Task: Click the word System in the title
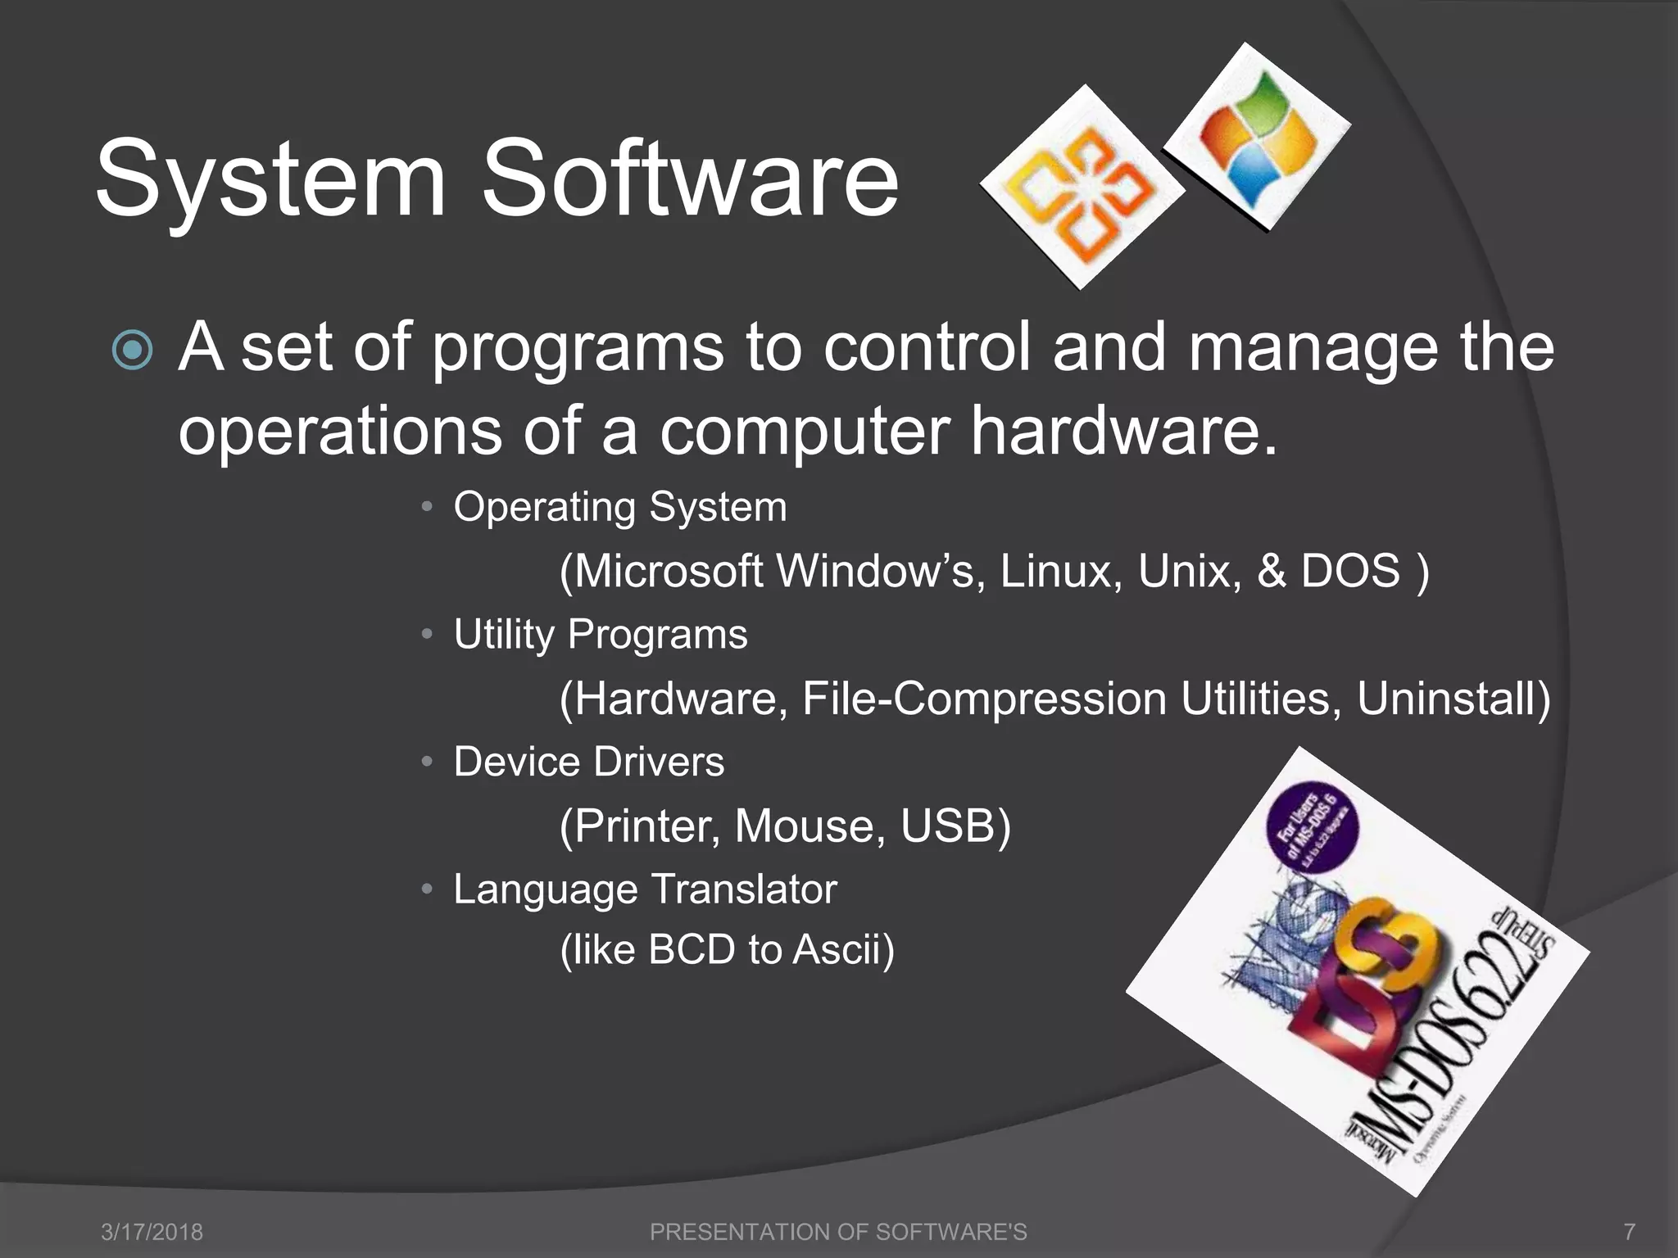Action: (270, 179)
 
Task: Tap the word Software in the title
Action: (690, 179)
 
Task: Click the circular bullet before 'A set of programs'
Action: (132, 351)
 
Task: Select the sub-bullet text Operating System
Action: (620, 507)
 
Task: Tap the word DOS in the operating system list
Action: (1351, 571)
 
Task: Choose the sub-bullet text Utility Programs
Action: (601, 635)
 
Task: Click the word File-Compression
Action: (983, 699)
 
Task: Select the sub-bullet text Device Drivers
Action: (589, 762)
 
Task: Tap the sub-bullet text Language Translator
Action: (645, 889)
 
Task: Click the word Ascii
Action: (841, 950)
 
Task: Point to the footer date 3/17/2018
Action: (152, 1232)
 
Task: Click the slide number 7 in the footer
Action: (1630, 1232)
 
